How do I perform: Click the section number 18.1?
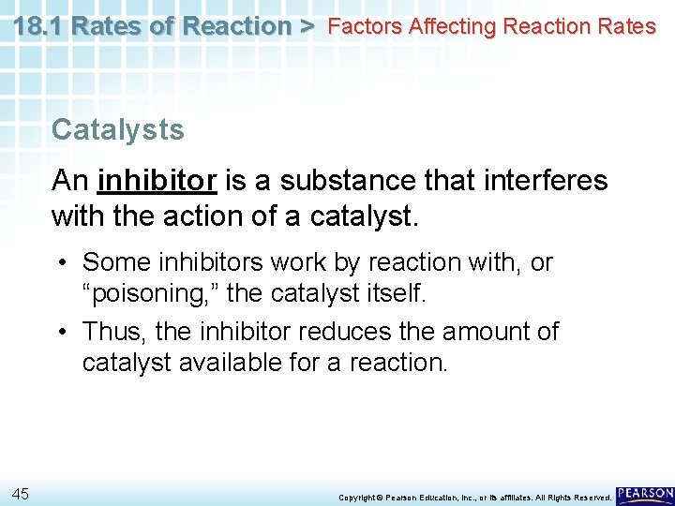[x=38, y=26]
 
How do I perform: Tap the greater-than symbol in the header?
[x=307, y=26]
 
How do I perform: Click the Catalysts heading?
[x=118, y=129]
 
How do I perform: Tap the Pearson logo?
[x=645, y=493]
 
